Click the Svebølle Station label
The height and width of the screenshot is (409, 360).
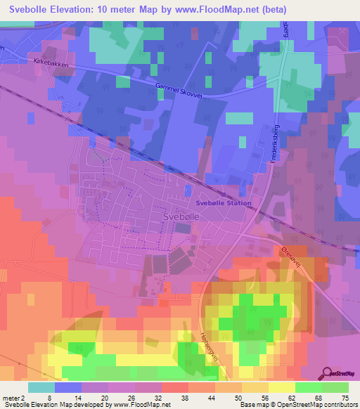[223, 203]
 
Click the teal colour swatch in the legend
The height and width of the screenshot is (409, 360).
[41, 387]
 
